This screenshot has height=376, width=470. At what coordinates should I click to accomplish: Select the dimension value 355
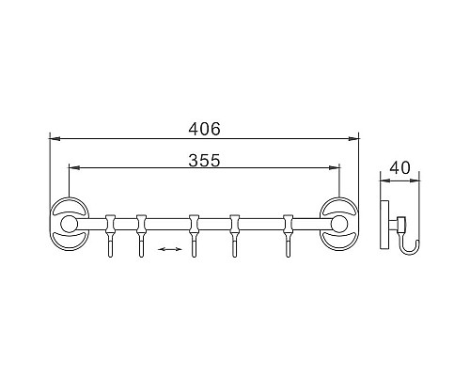(x=204, y=160)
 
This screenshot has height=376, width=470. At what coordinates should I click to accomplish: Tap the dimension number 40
(x=399, y=168)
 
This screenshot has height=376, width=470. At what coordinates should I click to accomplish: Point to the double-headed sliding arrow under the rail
(x=169, y=249)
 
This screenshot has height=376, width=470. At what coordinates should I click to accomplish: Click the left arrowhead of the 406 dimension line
(x=54, y=138)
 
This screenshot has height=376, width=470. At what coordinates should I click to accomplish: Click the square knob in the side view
(x=400, y=223)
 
